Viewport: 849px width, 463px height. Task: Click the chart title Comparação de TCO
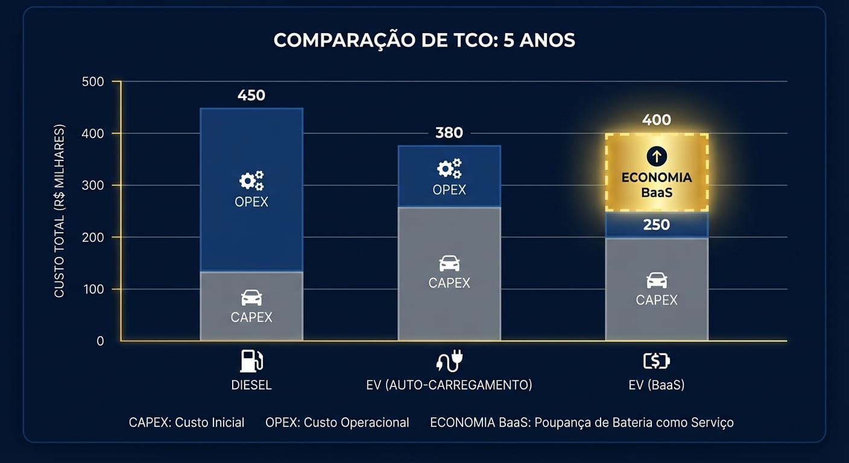(424, 40)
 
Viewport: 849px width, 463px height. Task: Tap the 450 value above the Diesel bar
(251, 95)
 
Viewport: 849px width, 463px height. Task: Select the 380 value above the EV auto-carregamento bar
(449, 133)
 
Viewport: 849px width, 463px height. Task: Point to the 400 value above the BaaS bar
(657, 120)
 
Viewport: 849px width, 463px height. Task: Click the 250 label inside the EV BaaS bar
(657, 225)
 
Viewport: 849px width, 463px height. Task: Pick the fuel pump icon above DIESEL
(251, 361)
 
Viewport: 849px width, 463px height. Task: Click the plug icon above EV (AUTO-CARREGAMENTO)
(449, 361)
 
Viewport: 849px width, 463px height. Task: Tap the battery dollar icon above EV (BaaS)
(657, 361)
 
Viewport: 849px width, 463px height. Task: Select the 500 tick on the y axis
(92, 81)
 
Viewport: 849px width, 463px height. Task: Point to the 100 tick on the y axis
(92, 289)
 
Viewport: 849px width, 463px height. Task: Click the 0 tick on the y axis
(100, 341)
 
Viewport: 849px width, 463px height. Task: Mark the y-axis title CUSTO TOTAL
(59, 211)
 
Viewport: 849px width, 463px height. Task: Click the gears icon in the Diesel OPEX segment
(251, 180)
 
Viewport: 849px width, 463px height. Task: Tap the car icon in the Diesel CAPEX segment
(251, 297)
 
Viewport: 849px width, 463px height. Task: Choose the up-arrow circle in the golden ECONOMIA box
(657, 157)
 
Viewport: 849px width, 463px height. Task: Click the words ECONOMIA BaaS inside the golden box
(657, 184)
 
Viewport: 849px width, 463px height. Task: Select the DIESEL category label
(251, 385)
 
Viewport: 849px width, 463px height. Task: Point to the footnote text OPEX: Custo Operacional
(337, 423)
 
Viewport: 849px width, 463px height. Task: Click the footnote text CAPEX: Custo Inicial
(186, 423)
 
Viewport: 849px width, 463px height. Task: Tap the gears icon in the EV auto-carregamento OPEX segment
(449, 168)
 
